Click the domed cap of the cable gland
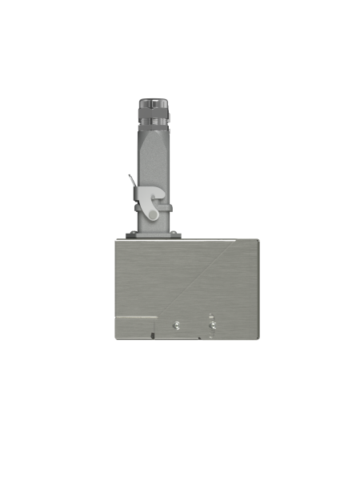[x=152, y=102]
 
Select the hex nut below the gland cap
[x=152, y=113]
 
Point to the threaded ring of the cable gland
[x=152, y=122]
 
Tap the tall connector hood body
[x=153, y=160]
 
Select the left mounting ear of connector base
[x=130, y=234]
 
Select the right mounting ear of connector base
[x=177, y=234]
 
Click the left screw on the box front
[x=176, y=325]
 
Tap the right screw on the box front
[x=212, y=325]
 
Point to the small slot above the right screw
[x=210, y=315]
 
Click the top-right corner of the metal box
[x=260, y=240]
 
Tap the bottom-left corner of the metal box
[x=115, y=338]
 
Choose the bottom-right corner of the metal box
[x=260, y=338]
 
